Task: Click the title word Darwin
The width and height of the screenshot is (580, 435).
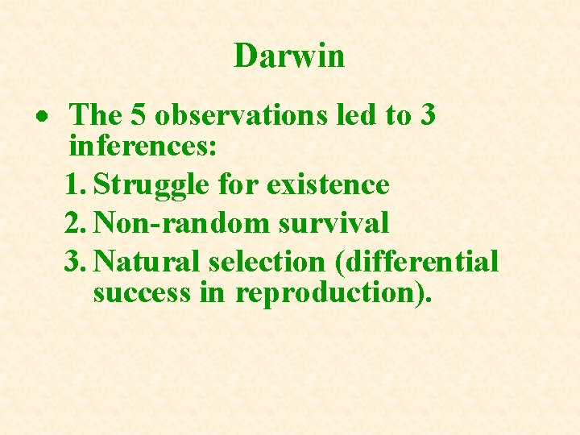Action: click(x=289, y=56)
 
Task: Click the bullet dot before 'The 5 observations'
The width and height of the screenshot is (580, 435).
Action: click(x=49, y=117)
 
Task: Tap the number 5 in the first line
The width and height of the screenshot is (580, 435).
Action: click(x=138, y=116)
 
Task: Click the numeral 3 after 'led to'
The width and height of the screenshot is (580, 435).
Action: click(x=428, y=116)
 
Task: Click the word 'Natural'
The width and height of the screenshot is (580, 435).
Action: click(x=148, y=262)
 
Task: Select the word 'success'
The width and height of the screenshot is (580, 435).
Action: click(x=142, y=292)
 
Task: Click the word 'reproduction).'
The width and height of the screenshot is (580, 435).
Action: click(x=333, y=293)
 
